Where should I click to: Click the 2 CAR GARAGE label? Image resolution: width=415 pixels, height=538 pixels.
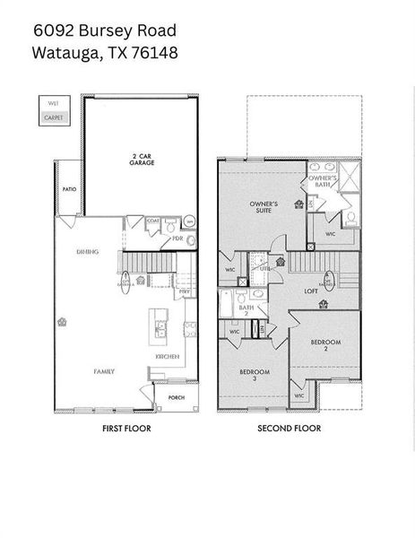[138, 160]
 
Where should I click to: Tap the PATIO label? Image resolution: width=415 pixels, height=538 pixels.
[68, 190]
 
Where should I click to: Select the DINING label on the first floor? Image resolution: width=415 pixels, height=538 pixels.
[87, 252]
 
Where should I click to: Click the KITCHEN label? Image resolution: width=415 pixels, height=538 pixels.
[168, 356]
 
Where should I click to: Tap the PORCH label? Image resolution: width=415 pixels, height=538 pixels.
[176, 397]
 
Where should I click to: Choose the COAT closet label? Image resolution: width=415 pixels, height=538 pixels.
[152, 221]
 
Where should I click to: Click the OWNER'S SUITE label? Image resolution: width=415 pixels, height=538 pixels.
[264, 206]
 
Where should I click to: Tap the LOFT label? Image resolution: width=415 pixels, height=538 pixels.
[311, 291]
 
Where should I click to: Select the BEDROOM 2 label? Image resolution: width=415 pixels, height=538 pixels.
[325, 344]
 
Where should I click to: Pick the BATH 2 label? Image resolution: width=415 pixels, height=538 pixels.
[244, 311]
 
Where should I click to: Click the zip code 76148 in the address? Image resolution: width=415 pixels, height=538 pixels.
[155, 52]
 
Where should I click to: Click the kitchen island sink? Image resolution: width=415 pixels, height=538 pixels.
[160, 326]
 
